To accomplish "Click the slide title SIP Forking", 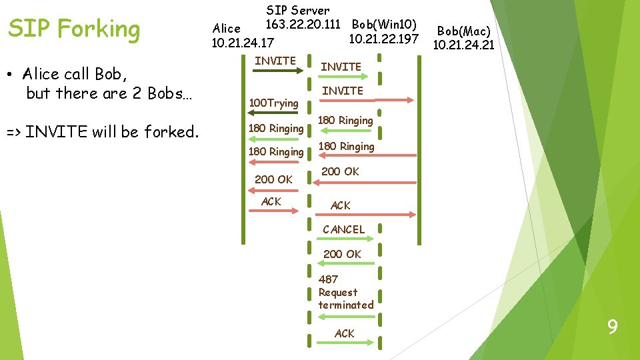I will tap(74, 29).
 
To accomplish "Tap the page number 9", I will tap(612, 327).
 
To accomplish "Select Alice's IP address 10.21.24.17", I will tap(242, 43).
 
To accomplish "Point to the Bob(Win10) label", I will tap(384, 25).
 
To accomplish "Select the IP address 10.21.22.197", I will tap(383, 39).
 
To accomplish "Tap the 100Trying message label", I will tap(273, 103).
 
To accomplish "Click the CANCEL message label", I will tap(343, 229).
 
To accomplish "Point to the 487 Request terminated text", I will tap(345, 292).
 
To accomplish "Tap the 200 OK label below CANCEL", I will tap(342, 254).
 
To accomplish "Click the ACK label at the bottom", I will tap(344, 333).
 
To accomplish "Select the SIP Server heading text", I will tap(297, 11).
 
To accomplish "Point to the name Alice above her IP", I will tap(226, 29).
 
